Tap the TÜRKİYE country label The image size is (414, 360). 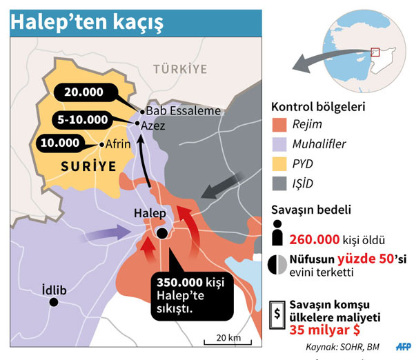180,69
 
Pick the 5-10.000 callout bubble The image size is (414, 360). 83,119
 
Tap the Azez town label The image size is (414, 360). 153,126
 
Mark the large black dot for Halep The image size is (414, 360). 162,233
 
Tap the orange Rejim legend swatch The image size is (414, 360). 279,126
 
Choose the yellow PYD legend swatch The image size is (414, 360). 279,164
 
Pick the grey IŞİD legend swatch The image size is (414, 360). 279,184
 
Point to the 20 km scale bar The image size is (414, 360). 224,341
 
